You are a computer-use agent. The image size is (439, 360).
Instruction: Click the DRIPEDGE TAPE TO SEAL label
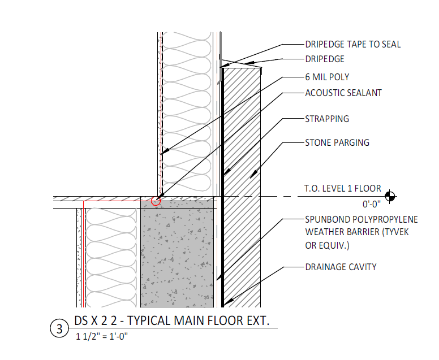pos(352,44)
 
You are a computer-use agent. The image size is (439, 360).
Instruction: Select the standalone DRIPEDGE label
pos(325,59)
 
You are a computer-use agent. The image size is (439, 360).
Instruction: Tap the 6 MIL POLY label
pos(328,77)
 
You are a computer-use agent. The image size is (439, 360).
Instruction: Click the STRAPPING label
pos(327,119)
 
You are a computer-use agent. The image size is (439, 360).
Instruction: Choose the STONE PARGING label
pos(337,142)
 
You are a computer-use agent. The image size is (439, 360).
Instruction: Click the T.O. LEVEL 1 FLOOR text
pos(342,188)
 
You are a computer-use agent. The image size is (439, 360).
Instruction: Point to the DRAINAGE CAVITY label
pos(341,267)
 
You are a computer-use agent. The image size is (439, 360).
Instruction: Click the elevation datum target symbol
pos(389,196)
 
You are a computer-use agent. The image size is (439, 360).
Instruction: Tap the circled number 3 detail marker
pos(59,329)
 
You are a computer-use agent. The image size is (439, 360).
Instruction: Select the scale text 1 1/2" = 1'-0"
pos(103,337)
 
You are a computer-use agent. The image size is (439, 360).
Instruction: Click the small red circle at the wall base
pos(156,199)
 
